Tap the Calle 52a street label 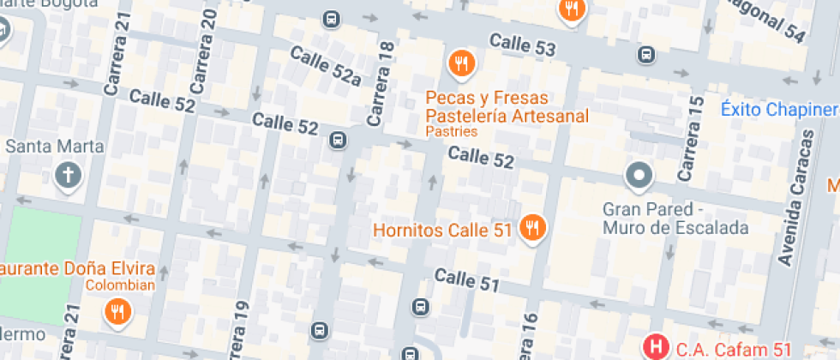(325, 66)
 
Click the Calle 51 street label (466, 279)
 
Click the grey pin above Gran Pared (639, 177)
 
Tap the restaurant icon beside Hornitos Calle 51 (533, 229)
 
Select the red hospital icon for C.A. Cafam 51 (657, 348)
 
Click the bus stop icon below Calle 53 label (645, 56)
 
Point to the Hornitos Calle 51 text (442, 230)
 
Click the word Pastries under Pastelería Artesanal (451, 133)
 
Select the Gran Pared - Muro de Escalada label (676, 219)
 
